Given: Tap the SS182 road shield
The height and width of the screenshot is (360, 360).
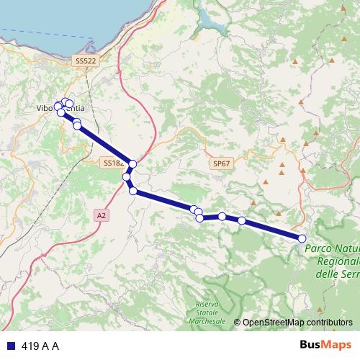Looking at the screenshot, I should [x=112, y=163].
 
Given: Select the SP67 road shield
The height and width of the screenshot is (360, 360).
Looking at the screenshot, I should [x=222, y=164].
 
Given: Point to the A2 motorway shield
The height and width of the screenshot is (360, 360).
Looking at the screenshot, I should [x=102, y=215].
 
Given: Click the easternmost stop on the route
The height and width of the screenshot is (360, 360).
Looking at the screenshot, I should [x=302, y=238].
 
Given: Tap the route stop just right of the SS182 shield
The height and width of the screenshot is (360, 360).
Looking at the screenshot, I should [x=132, y=164].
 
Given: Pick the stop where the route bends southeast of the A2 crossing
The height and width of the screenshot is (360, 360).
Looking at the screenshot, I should [x=133, y=191].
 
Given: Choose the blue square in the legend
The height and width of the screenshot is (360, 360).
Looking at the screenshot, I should [x=10, y=346].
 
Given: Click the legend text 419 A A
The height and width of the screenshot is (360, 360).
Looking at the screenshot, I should [x=40, y=346].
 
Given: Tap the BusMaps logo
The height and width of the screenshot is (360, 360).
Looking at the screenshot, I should [x=320, y=346].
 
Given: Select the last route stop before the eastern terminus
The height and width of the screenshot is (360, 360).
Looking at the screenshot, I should [x=242, y=220].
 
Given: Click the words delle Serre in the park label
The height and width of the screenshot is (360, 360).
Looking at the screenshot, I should [x=338, y=274].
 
